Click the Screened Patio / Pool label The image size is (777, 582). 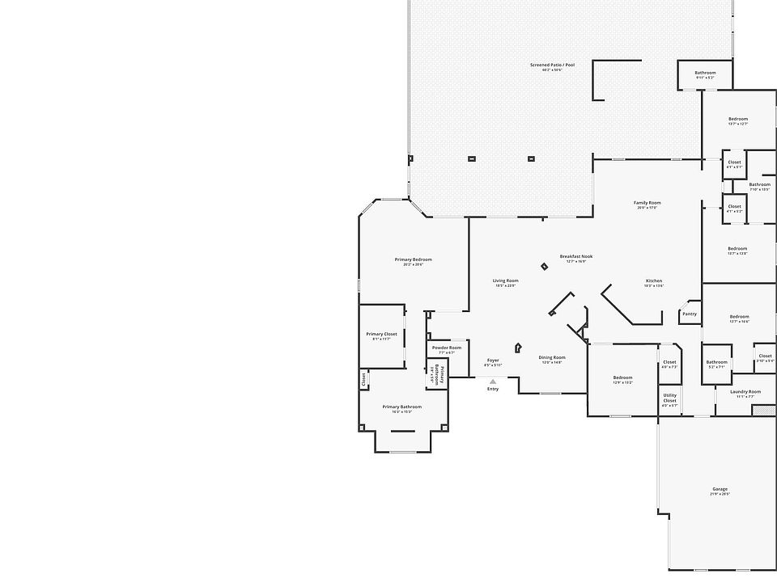[552, 65]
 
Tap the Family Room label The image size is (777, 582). [647, 203]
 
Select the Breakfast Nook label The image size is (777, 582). [576, 257]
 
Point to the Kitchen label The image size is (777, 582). [654, 280]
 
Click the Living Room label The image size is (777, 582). [505, 280]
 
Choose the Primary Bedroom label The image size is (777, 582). [413, 260]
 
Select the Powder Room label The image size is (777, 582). [447, 348]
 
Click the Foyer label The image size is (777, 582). [493, 361]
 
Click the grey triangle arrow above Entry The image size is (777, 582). [493, 382]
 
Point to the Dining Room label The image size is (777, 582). [552, 357]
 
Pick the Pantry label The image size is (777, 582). [690, 314]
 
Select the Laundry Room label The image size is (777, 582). [745, 392]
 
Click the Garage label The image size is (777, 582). [720, 489]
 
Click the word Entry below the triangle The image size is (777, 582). [493, 390]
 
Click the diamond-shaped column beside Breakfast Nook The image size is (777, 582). [544, 266]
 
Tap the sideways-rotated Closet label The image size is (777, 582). [364, 377]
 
